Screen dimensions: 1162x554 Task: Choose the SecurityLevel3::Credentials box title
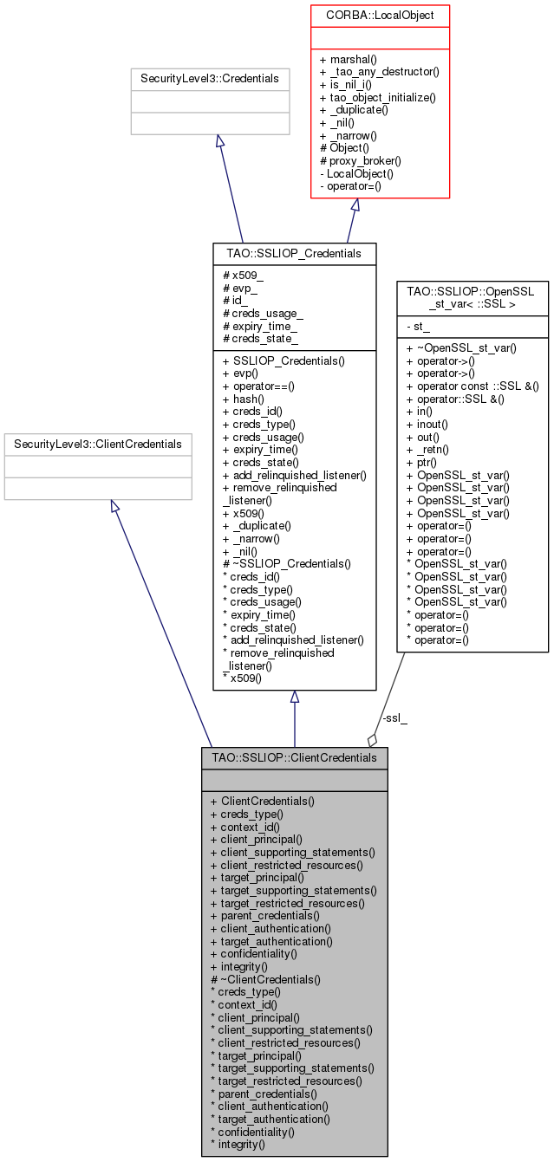coord(210,79)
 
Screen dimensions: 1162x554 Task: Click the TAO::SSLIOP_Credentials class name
coord(294,252)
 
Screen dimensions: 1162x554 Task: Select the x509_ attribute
coord(244,275)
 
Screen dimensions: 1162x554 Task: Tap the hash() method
coord(244,399)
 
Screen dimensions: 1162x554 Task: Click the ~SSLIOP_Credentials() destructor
coord(286,564)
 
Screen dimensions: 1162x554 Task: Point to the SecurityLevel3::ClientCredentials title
coord(98,445)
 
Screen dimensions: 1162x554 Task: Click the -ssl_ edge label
coord(394,718)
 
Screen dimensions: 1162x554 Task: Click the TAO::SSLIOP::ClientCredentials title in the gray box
coord(294,757)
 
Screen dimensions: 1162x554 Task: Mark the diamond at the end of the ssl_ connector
coord(373,739)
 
